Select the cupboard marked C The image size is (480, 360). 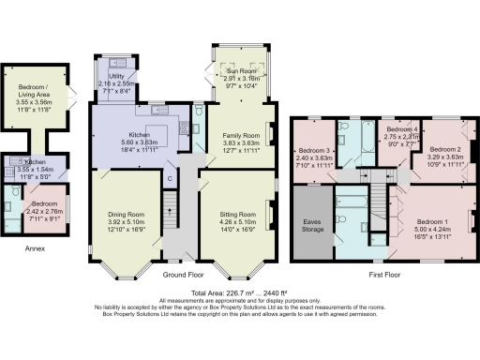tap(170, 177)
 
